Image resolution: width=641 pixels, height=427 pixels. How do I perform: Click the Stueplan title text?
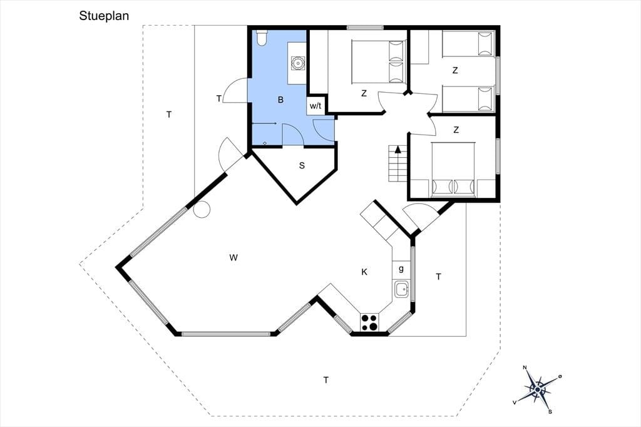pos(104,16)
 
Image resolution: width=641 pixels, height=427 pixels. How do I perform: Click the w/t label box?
pos(315,106)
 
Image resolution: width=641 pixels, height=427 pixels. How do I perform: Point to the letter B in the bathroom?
pos(280,100)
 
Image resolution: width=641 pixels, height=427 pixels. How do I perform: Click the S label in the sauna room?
pos(302,166)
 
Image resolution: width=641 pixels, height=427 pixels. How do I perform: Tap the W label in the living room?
pos(233,258)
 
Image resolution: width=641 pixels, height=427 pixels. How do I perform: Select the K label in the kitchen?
pos(364,272)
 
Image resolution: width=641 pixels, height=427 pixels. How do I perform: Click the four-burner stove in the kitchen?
pos(369,321)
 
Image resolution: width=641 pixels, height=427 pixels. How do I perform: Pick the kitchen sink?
pos(402,290)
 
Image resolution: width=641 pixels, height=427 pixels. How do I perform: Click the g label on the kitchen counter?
pos(401,269)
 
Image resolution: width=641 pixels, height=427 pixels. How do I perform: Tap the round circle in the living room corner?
pos(202,209)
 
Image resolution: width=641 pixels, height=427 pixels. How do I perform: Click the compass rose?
pos(537,389)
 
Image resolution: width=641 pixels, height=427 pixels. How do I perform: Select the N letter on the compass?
pos(525,368)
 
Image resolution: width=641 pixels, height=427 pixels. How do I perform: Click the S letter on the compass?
pos(550,411)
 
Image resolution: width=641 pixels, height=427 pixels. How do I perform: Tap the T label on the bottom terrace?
pos(326,381)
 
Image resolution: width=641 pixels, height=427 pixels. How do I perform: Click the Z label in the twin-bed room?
pos(455,71)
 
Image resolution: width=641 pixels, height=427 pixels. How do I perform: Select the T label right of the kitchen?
pos(438,277)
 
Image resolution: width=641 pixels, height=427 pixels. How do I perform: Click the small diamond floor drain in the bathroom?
pos(265,143)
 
